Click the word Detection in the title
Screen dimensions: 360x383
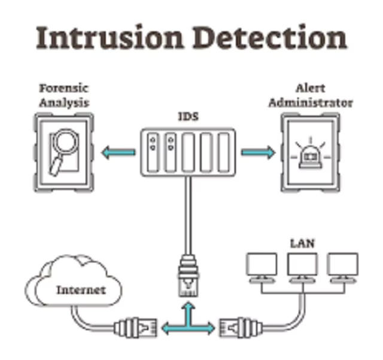(270, 37)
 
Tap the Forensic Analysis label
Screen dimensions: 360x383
(64, 95)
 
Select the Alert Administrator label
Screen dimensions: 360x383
(310, 95)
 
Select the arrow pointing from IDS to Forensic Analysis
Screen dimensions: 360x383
(118, 153)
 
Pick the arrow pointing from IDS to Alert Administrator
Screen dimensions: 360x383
(258, 152)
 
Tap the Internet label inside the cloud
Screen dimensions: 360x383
(80, 291)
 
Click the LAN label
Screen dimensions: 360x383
(303, 244)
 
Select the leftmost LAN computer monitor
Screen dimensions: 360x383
(262, 264)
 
